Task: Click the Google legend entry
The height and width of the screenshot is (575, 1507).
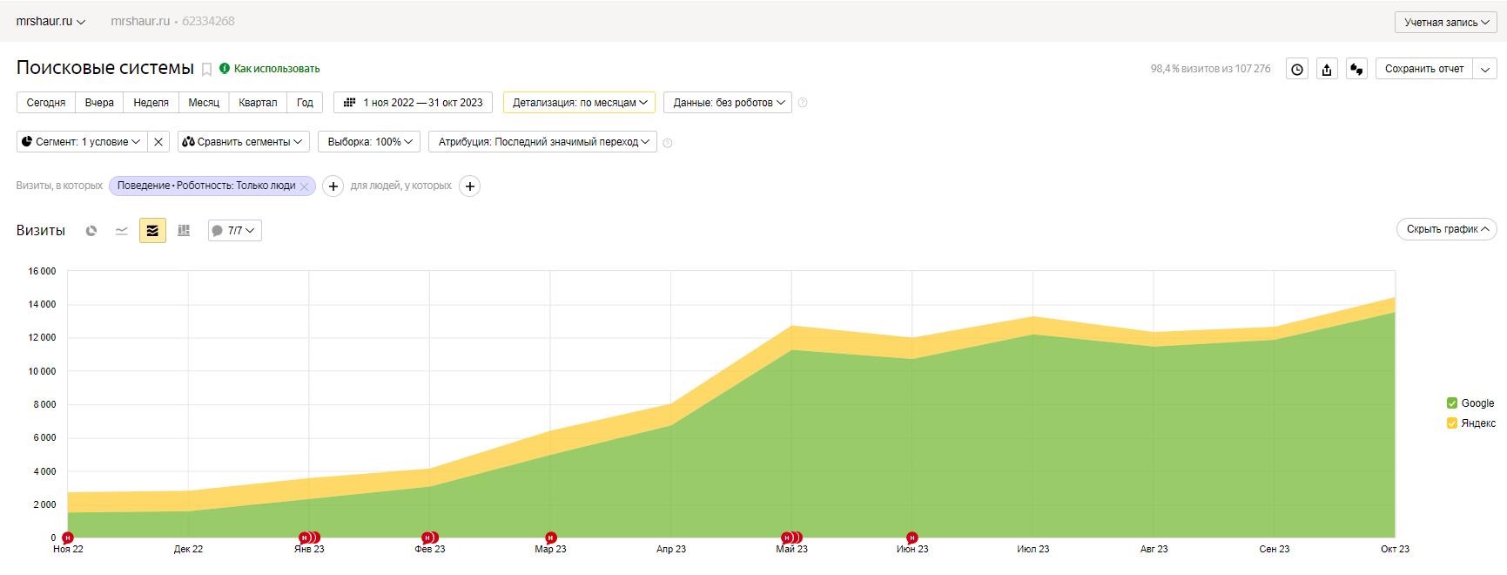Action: click(x=1470, y=403)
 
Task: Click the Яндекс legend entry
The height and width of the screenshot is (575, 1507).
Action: click(x=1470, y=423)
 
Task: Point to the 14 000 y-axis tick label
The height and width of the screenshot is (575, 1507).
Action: click(x=42, y=305)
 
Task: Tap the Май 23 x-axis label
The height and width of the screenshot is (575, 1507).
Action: click(x=791, y=550)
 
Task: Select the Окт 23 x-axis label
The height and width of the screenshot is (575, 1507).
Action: click(x=1395, y=550)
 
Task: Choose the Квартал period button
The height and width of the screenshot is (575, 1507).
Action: click(x=258, y=103)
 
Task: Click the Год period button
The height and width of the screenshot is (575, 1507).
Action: click(x=305, y=103)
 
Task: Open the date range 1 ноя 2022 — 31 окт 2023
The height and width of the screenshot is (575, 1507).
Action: click(x=414, y=103)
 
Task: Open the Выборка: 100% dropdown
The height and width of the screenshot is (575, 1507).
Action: click(x=370, y=142)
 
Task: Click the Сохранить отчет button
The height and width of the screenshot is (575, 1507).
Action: click(x=1424, y=69)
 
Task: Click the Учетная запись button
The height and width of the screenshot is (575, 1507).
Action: click(x=1446, y=23)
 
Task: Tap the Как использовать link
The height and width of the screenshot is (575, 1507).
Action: click(x=277, y=69)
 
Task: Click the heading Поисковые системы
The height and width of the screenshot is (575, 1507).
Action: click(x=105, y=68)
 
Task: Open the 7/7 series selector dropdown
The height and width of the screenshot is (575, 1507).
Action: click(x=235, y=231)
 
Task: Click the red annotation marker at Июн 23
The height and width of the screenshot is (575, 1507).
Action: click(x=912, y=538)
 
